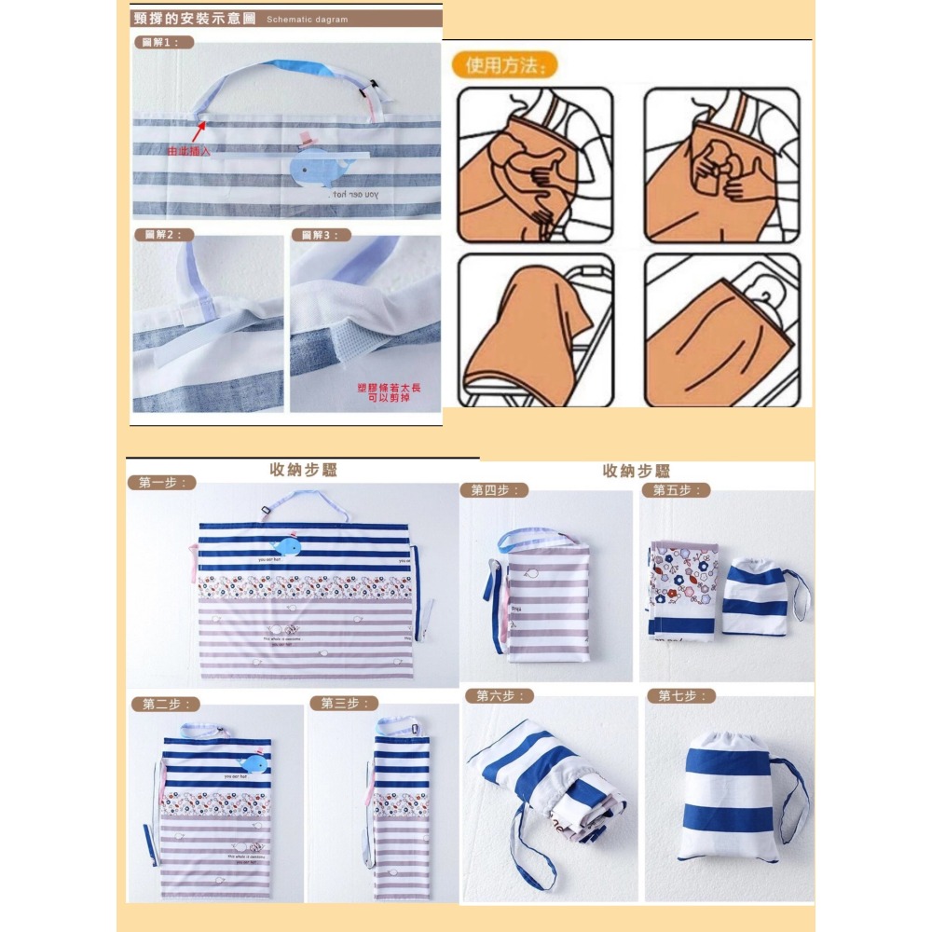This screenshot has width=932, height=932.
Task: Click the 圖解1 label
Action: point(164,43)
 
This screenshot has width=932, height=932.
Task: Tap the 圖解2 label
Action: point(164,235)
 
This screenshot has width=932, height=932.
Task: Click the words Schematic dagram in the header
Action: point(307,19)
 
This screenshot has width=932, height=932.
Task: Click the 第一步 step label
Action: point(161,482)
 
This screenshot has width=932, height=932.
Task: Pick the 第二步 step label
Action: point(168,704)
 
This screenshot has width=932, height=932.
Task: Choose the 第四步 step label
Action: point(494,490)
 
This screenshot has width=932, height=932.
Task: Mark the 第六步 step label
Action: point(499,695)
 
